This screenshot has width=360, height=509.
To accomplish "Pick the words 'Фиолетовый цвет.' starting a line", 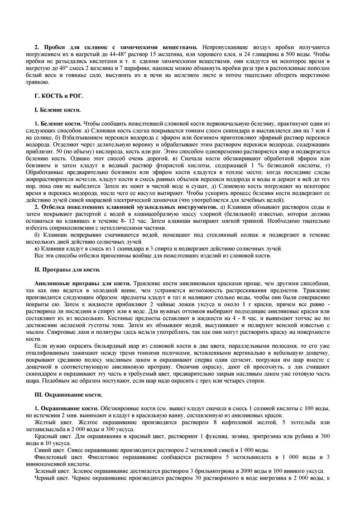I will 57,458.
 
